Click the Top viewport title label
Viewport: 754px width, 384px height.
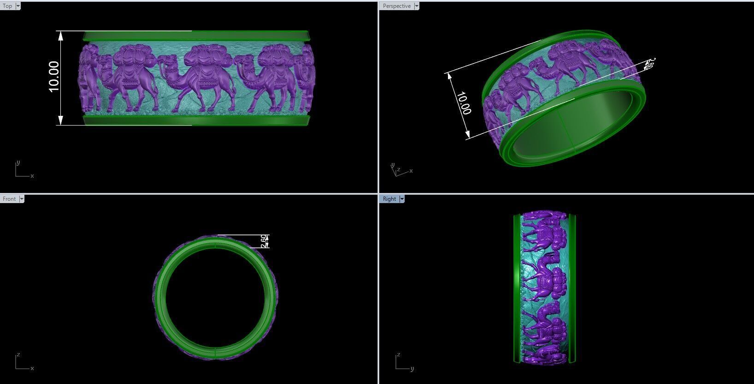pos(7,6)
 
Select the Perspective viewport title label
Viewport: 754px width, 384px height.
pos(396,6)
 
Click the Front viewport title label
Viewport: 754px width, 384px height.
pos(9,199)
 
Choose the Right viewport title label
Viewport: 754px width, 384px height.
pos(389,199)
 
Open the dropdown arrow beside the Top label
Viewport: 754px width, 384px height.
pos(18,6)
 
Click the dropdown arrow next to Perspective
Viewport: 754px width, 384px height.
pos(417,6)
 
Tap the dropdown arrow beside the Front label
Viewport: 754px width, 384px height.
pos(22,199)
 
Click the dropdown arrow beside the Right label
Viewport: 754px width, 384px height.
pos(402,199)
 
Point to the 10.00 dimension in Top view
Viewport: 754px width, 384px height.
pos(53,77)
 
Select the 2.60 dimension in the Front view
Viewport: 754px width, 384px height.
pos(264,241)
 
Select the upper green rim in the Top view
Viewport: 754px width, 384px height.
pos(196,36)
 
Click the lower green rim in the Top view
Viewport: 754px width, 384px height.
pos(196,120)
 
